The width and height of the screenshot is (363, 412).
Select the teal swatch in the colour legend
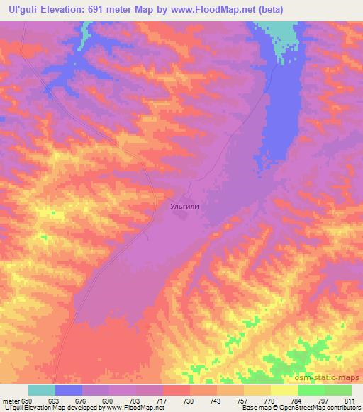click(42, 390)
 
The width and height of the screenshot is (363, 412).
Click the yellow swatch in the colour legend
click(284, 390)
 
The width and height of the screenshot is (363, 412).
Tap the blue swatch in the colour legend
click(69, 390)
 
